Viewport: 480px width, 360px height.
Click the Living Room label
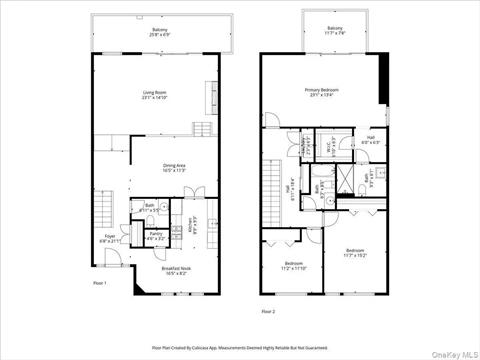[x=154, y=95]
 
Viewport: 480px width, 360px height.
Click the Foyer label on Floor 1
[x=110, y=239]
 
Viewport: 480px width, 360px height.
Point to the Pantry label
[x=155, y=237]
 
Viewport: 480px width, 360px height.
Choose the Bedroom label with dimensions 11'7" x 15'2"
[x=355, y=252]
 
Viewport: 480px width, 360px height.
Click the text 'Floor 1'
[x=99, y=284]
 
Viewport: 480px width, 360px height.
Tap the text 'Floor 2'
[x=267, y=311]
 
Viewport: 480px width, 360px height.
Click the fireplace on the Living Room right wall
[x=211, y=96]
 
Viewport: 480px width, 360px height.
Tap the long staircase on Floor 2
[x=270, y=190]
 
